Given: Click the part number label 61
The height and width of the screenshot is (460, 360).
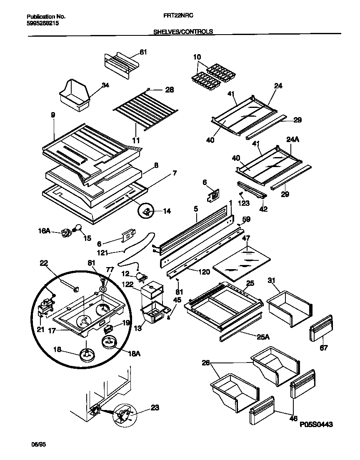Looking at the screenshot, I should (143, 52).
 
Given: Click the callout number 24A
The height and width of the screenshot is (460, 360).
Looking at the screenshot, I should (293, 140).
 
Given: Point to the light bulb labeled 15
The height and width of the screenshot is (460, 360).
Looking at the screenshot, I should (77, 228).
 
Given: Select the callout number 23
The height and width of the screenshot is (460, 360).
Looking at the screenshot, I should (155, 407).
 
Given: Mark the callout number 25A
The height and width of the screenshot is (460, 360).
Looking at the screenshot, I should (263, 336).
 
